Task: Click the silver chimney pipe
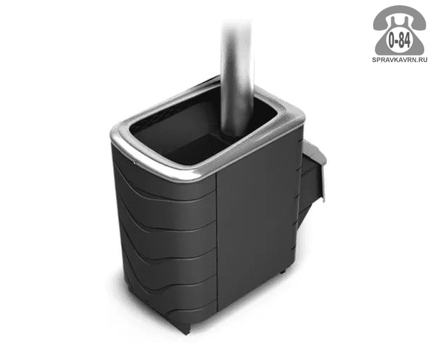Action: click(x=236, y=80)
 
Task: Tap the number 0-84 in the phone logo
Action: click(x=399, y=41)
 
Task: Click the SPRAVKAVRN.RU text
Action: click(x=400, y=60)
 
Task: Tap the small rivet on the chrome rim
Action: click(x=135, y=163)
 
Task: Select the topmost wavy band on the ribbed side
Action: click(x=166, y=176)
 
